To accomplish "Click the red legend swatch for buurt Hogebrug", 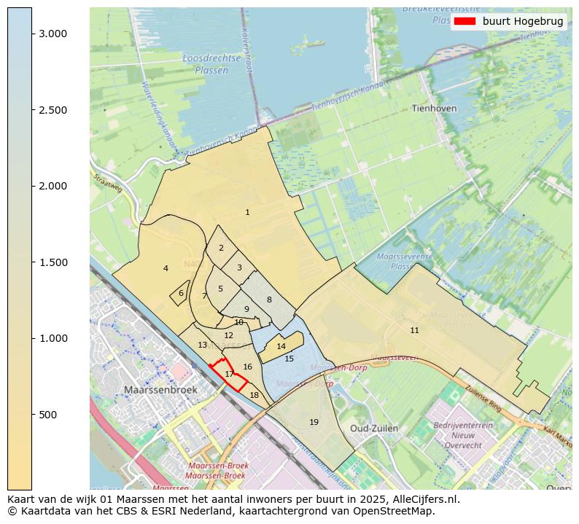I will click(x=464, y=21).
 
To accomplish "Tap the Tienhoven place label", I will click(x=434, y=108).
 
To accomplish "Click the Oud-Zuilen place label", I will click(x=374, y=428).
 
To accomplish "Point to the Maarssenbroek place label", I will click(x=160, y=390).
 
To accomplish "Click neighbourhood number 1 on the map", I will click(x=247, y=213).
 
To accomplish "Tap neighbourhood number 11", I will click(x=414, y=330).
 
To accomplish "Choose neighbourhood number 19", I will click(x=314, y=422).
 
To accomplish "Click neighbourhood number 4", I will click(x=166, y=268).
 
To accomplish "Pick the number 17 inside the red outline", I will click(x=229, y=374).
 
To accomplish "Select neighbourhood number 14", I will click(x=281, y=346).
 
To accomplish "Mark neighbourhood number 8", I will click(x=268, y=300).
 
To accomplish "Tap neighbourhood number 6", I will click(x=181, y=293).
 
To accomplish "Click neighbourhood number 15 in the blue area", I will click(x=289, y=359).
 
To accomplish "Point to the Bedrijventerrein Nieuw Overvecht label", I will click(x=463, y=435).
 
